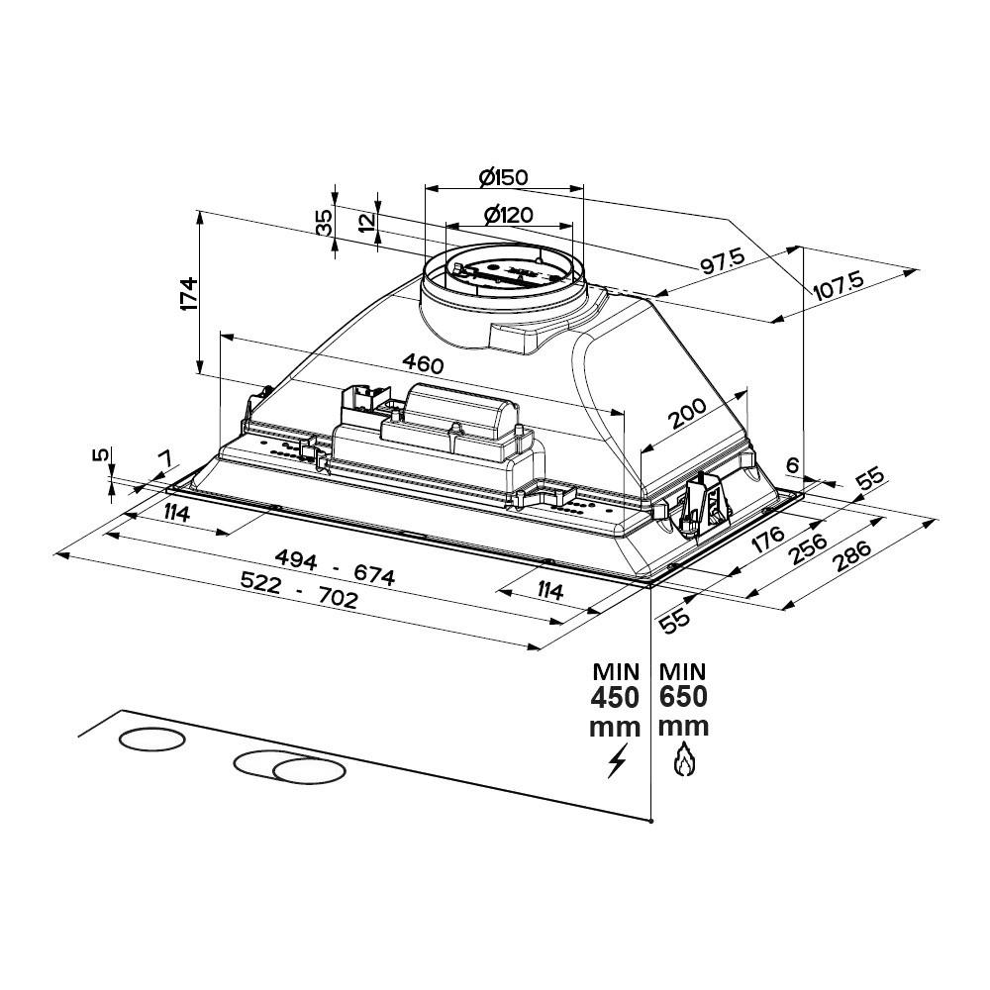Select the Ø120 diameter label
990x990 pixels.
tap(509, 215)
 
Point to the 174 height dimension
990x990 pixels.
tap(189, 295)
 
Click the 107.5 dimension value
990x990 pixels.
tap(839, 286)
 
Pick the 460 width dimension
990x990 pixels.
tap(422, 363)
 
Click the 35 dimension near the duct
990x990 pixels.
tap(324, 222)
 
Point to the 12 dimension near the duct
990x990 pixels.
tap(368, 222)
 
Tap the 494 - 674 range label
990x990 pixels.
tap(337, 569)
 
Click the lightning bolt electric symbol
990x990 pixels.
tap(618, 762)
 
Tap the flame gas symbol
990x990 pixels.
tap(681, 761)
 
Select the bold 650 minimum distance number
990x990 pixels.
tap(682, 697)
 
